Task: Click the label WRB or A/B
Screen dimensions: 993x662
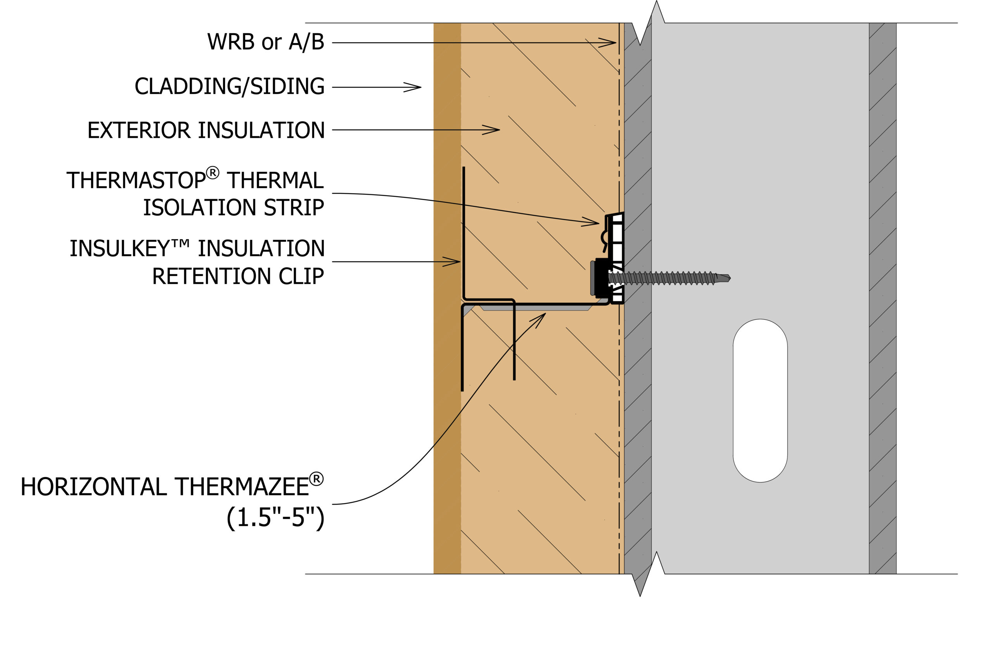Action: (x=266, y=42)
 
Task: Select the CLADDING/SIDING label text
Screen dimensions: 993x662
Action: (x=230, y=86)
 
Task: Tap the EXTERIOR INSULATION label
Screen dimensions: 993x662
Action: (x=206, y=130)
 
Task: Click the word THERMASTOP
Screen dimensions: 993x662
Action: (x=136, y=181)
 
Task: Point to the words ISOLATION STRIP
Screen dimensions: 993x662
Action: (x=234, y=207)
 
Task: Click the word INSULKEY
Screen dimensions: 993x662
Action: (x=119, y=248)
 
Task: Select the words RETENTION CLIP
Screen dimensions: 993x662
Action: (x=238, y=276)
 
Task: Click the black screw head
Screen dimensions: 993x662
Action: (x=601, y=278)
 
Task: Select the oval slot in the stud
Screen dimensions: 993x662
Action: (x=760, y=401)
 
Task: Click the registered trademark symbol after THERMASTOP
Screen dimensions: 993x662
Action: (x=212, y=173)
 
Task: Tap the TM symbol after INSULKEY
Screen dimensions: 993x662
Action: (x=180, y=244)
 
